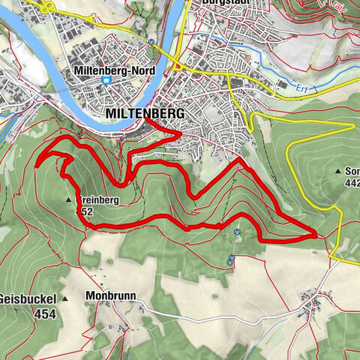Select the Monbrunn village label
click(x=110, y=295)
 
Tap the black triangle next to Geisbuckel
click(x=64, y=298)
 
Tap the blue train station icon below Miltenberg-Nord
click(x=106, y=81)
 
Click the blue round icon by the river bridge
click(x=152, y=43)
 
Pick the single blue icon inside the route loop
click(x=237, y=232)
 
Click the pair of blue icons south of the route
click(x=230, y=259)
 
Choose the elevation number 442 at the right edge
click(x=351, y=182)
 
